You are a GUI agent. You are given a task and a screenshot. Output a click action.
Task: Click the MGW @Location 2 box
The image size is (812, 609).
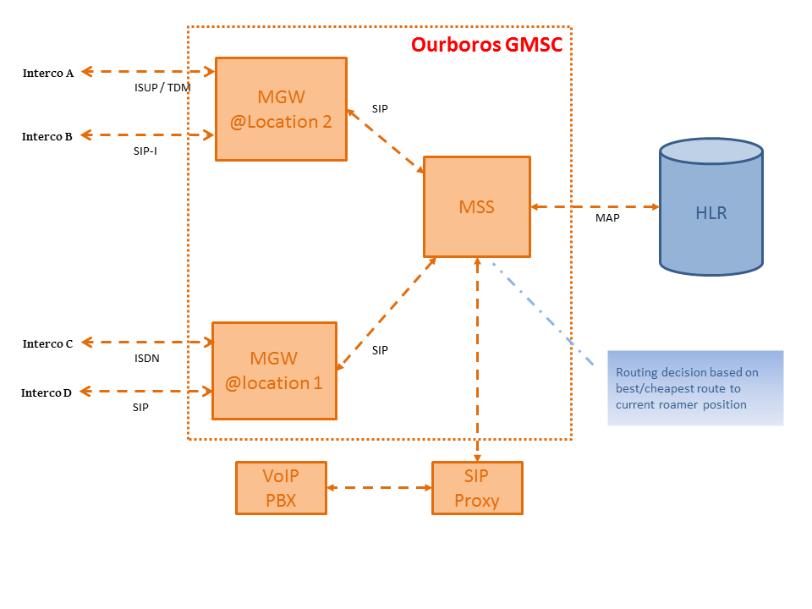tap(281, 109)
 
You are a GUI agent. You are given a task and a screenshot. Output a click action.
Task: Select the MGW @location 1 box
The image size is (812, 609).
tap(273, 370)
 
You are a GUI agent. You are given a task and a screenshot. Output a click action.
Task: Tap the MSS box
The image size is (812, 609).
tap(476, 206)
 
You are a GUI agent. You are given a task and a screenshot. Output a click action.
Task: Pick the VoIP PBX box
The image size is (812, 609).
tap(281, 488)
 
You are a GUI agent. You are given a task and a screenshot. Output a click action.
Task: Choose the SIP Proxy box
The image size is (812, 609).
tap(477, 488)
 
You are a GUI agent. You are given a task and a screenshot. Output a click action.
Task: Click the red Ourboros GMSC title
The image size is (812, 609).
tap(486, 45)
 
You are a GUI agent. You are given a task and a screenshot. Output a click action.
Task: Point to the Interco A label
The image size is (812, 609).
tap(47, 73)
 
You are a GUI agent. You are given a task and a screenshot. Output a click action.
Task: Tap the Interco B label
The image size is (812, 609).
tap(47, 136)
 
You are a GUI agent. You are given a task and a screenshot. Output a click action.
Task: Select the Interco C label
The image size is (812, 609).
tap(47, 343)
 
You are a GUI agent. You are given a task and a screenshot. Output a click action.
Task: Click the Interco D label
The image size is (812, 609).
tap(47, 392)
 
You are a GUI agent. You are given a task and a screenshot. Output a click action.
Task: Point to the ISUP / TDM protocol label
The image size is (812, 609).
tap(162, 87)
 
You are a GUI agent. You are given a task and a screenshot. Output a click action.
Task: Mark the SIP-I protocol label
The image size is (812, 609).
tap(145, 151)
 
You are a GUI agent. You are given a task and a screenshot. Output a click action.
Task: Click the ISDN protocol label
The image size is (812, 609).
tap(146, 358)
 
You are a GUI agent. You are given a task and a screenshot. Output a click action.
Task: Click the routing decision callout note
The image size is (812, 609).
tap(695, 387)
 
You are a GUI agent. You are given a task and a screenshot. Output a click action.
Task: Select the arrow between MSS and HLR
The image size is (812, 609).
tap(595, 206)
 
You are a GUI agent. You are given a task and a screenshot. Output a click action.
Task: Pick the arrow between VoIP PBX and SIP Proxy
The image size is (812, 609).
tap(379, 487)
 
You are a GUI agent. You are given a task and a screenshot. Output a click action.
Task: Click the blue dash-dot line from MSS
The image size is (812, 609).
tap(541, 313)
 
